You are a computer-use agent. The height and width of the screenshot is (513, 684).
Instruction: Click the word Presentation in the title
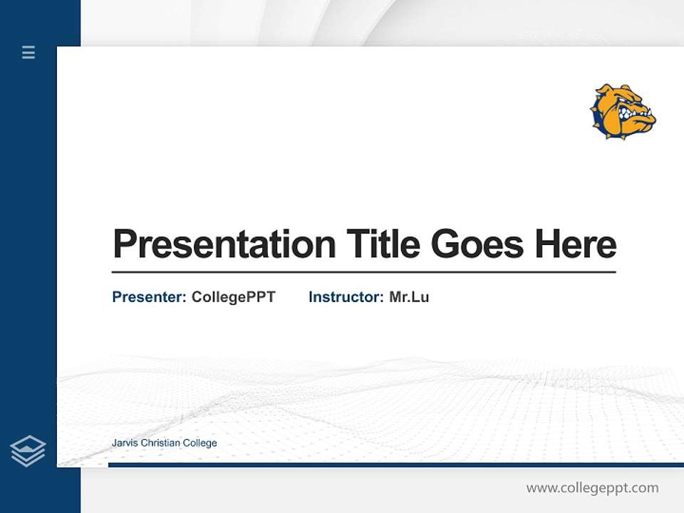[224, 244]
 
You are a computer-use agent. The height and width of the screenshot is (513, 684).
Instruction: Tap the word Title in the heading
[383, 244]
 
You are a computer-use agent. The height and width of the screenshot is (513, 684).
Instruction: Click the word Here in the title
[575, 244]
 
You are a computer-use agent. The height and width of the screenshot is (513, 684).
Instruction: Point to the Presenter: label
[149, 297]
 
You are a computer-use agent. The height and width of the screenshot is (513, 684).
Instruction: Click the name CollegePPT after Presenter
[233, 297]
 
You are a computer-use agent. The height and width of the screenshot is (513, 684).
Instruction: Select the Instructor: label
[346, 297]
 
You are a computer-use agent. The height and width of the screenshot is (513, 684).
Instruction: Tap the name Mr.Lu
[409, 297]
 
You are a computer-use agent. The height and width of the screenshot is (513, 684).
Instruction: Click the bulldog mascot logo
[622, 110]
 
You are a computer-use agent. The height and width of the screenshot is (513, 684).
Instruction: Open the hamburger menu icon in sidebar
[28, 52]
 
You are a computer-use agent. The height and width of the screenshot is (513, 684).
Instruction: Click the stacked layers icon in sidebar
[28, 451]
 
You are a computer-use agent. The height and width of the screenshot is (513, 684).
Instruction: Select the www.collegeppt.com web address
[592, 488]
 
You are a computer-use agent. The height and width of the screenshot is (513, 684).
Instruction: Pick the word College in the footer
[200, 443]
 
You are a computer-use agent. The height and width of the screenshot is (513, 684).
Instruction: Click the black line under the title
[363, 271]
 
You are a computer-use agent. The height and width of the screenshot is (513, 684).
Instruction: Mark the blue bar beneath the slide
[395, 465]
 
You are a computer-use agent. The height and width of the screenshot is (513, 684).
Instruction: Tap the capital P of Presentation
[123, 244]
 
